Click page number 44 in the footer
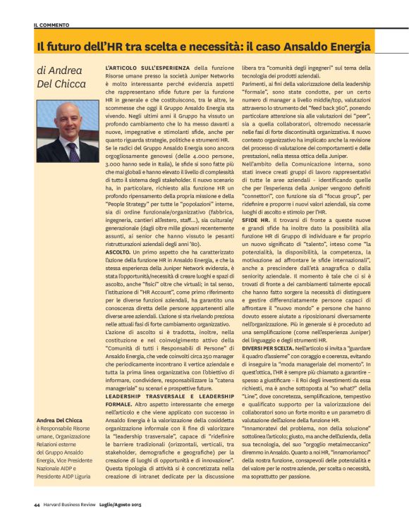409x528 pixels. click(36, 504)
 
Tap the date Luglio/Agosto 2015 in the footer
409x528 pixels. click(129, 504)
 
